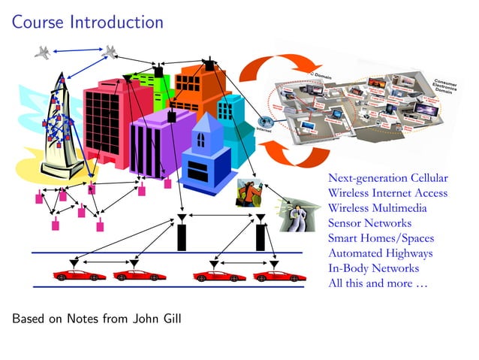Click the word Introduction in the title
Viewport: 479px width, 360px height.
pos(116,22)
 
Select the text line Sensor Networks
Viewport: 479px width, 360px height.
pos(369,223)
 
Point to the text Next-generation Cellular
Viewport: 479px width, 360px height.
pos(387,178)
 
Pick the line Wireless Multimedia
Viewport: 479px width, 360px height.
pos(377,208)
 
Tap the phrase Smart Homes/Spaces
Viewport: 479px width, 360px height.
pos(381,238)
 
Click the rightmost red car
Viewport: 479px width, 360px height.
pos(279,275)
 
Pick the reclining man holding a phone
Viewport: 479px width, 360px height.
pos(293,214)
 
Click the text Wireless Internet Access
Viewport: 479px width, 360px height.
pos(387,193)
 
